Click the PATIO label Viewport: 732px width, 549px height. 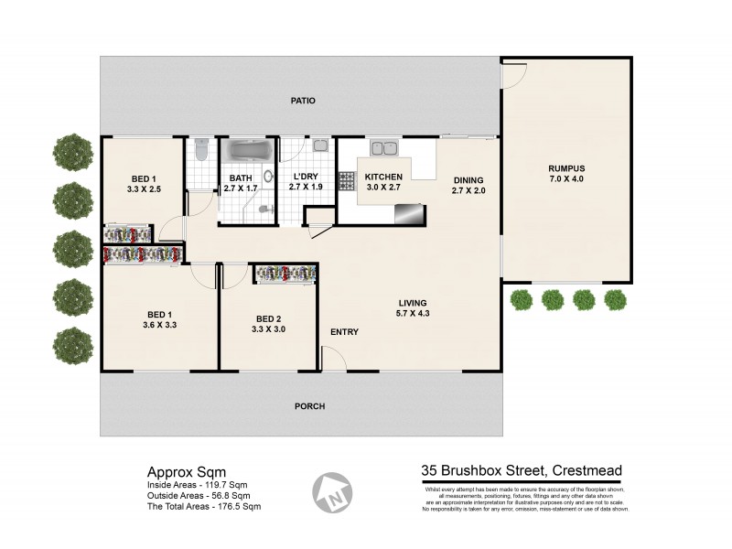pos(303,101)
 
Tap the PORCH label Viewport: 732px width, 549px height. pos(309,406)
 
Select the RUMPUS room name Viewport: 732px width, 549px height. pos(566,167)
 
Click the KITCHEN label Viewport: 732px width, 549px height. pos(383,176)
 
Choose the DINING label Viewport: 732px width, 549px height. pos(468,179)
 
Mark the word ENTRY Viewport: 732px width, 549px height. pos(344,332)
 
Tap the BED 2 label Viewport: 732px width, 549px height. pos(269,317)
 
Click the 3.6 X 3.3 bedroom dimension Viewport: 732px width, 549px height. pos(159,325)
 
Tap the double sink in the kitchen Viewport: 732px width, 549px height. pos(382,146)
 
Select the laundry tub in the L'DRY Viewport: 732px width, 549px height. pos(320,145)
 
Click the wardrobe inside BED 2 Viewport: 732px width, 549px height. pos(285,273)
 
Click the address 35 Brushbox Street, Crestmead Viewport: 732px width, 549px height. pos(522,471)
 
